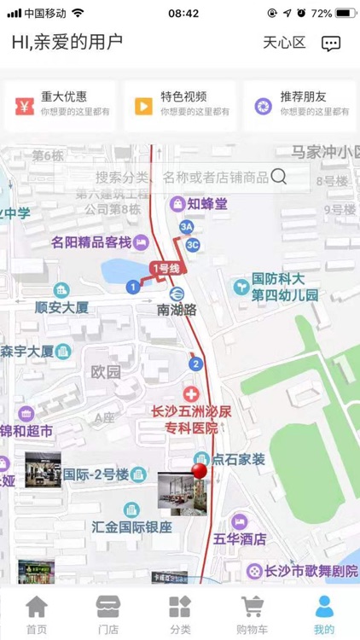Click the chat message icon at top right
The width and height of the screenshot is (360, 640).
pos(331,43)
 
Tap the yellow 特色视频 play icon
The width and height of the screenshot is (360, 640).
pos(143,106)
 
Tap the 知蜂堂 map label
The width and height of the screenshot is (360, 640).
pos(207,203)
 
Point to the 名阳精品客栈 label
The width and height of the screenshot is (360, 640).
pos(90,241)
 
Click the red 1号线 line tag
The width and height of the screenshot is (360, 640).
pos(165,268)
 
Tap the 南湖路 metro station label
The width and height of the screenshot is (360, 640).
pos(177,311)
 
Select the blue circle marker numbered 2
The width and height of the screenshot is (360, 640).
pos(196,364)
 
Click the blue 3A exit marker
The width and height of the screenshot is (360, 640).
pos(186,226)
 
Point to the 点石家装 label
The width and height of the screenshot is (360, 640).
pos(239,459)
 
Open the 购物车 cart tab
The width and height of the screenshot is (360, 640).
pos(252,614)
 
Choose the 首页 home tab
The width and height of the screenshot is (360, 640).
pos(36,614)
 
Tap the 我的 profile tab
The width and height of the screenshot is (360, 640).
pos(324,614)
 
